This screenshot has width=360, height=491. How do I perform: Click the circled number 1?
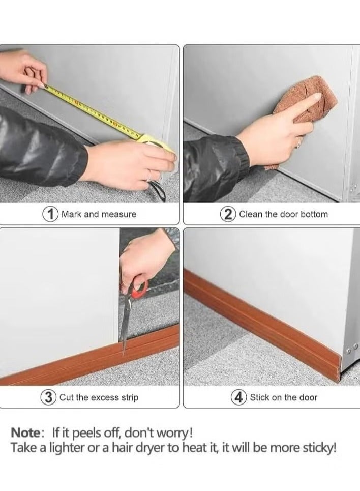coord(50,214)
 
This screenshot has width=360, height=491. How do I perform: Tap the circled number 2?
coord(227,214)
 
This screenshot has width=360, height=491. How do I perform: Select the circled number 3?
coord(49,397)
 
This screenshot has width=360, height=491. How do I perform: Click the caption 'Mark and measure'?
coord(99,214)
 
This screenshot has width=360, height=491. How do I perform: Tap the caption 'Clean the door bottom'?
coord(283,214)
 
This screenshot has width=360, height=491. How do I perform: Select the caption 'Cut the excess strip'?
coord(99,397)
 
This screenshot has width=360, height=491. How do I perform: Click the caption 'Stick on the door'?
coord(283,397)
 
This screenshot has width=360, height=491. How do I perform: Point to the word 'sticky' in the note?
coord(318,449)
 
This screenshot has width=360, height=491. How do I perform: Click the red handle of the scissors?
coord(138,289)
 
